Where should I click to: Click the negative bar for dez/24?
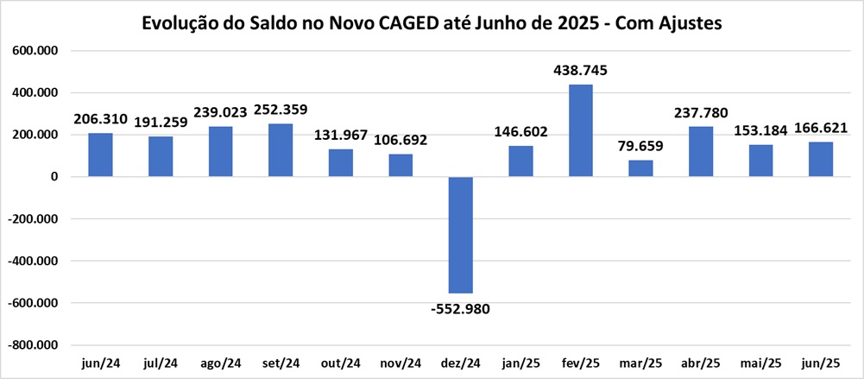460,235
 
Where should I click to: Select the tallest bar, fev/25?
581,130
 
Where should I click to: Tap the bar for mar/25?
640,168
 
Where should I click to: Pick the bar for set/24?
280,150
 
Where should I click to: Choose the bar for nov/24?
400,165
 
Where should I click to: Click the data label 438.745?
581,71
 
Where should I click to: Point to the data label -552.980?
460,308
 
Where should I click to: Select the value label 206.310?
100,119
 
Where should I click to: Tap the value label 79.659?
640,146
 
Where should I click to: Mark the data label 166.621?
821,128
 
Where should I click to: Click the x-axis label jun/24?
100,363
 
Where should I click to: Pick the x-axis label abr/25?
701,363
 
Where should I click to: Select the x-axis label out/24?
340,363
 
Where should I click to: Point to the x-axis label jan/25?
520,363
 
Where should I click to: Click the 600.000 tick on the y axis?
35,51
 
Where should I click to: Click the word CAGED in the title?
413,24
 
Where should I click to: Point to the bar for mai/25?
761,161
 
